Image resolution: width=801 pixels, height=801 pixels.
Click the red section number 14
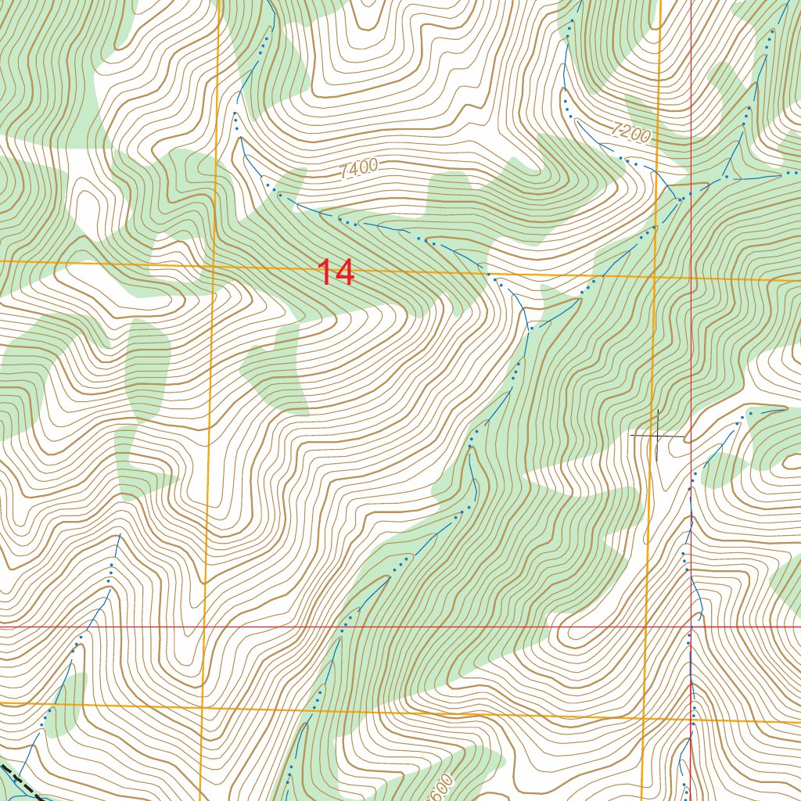pos(336,273)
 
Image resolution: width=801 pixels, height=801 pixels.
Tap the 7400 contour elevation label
pos(360,168)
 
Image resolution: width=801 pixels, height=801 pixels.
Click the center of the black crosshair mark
pos(659,434)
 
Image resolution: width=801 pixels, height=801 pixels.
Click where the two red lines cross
pos(691,627)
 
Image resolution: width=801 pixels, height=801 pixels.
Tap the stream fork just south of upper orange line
pos(530,327)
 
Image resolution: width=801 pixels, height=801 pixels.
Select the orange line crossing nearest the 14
pos(214,266)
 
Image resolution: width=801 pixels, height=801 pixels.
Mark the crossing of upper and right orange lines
pos(655,276)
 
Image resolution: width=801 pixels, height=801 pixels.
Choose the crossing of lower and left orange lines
pos(203,709)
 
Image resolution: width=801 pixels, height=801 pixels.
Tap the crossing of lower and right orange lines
pos(643,717)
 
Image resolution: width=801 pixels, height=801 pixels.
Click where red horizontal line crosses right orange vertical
pos(646,627)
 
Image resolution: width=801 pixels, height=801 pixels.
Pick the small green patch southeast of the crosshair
pos(724,469)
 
